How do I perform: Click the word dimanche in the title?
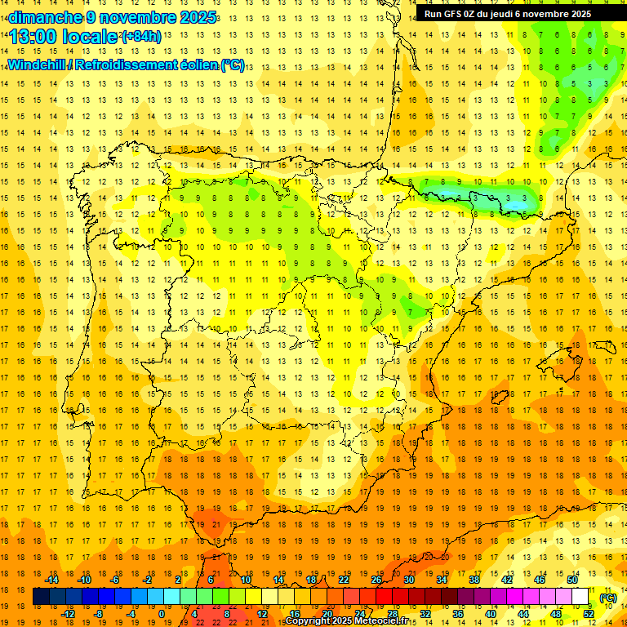45,17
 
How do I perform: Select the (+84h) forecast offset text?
141,36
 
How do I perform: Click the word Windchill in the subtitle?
34,65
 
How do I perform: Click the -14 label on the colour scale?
52,579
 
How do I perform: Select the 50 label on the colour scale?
572,579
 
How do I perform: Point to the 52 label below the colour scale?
589,614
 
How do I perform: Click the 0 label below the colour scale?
161,614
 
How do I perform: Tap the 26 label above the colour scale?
376,579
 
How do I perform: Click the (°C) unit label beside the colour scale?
608,598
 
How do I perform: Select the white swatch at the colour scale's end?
580,597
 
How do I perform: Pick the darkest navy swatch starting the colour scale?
41,597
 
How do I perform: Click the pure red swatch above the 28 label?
384,597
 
